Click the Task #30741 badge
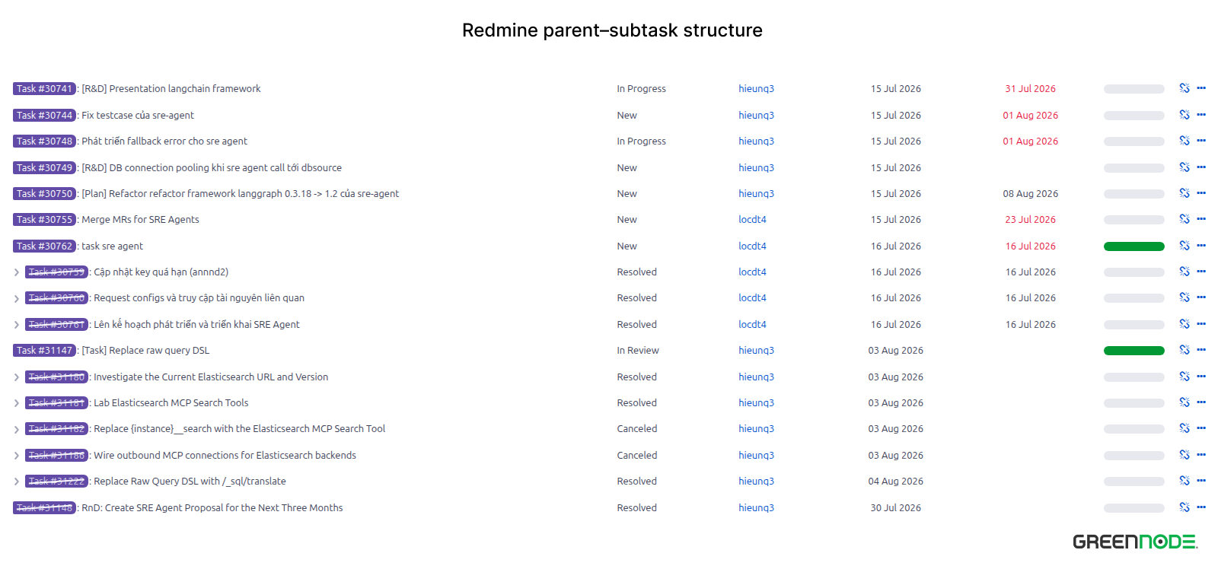pos(44,88)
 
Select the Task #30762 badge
pos(44,246)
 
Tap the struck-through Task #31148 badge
pos(44,507)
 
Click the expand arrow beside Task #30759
pos(17,272)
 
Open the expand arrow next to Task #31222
pos(17,482)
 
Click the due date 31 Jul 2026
pos(1030,88)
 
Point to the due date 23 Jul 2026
pos(1030,220)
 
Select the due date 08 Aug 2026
pos(1030,193)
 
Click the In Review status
pos(637,351)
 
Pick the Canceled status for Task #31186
pos(636,456)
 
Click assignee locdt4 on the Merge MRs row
pos(752,220)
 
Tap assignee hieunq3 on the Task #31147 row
pos(756,351)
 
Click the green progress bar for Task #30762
pos(1134,246)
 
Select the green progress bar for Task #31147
pos(1134,351)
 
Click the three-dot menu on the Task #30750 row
pos(1201,193)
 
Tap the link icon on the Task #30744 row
pos(1185,115)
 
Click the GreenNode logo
pos(1135,542)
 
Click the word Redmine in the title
pos(500,30)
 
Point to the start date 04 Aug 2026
pos(895,482)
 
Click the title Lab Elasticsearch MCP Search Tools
pos(171,402)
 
